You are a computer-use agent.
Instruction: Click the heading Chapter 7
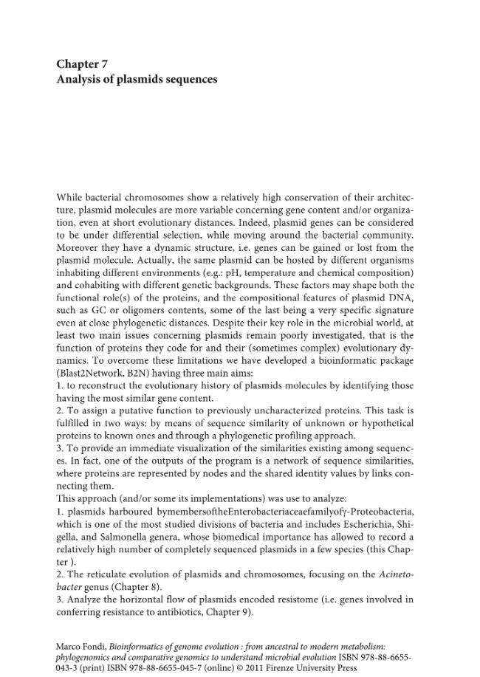click(82, 64)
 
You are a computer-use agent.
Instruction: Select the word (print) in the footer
click(88, 667)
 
